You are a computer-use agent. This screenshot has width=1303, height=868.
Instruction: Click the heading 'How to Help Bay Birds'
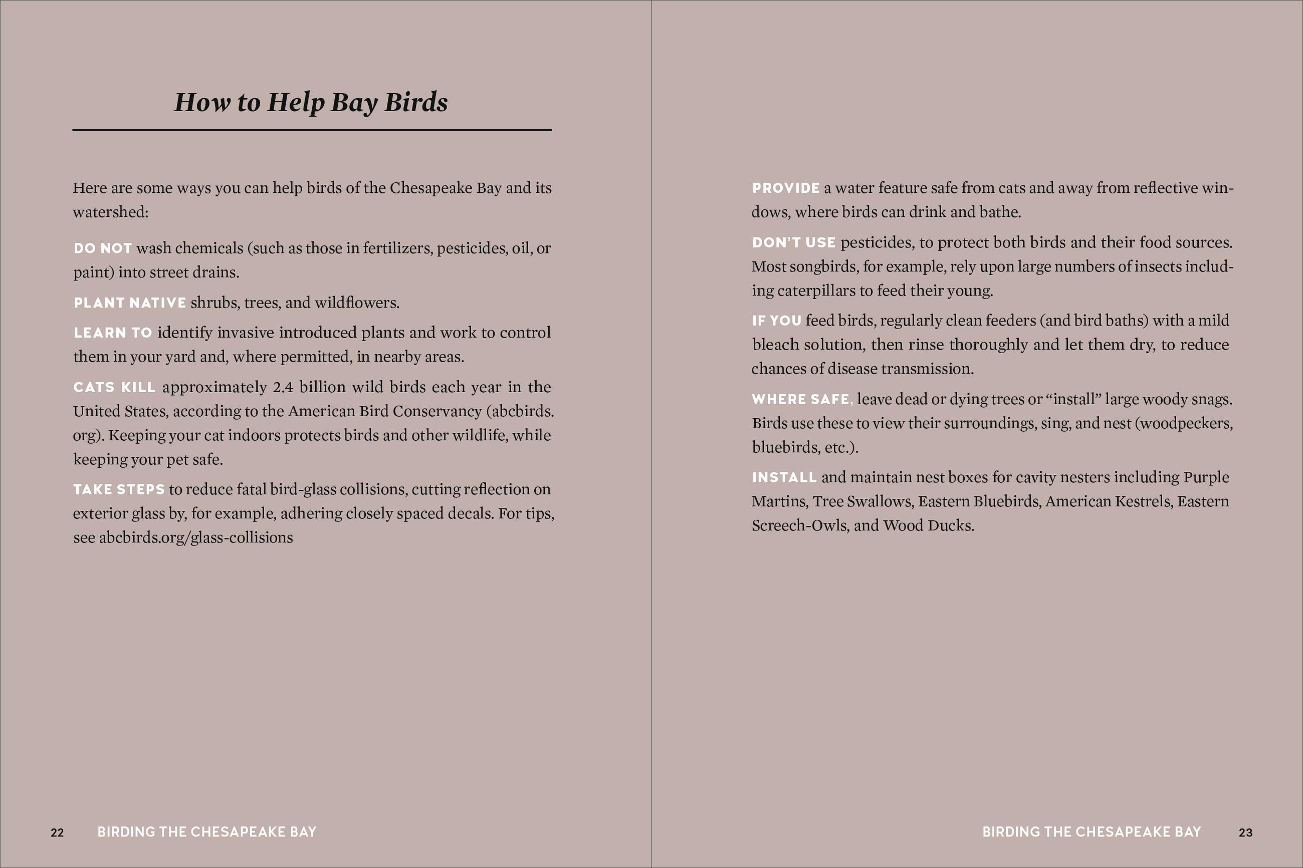click(x=311, y=102)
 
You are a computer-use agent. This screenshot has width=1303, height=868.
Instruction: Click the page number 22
click(x=57, y=832)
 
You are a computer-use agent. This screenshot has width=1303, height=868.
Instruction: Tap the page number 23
click(x=1245, y=832)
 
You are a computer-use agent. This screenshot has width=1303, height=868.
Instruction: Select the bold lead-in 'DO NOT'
click(x=102, y=248)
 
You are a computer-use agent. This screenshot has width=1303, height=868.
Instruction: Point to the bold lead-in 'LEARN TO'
click(x=113, y=333)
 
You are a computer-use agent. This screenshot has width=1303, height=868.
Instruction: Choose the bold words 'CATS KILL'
click(x=114, y=387)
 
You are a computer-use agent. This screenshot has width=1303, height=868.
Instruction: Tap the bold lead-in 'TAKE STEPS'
click(x=119, y=489)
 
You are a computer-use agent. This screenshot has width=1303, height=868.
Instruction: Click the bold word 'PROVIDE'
click(x=785, y=188)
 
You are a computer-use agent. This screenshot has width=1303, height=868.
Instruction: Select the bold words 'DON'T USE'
click(x=793, y=242)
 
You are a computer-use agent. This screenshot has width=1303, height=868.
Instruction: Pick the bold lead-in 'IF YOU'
click(x=776, y=321)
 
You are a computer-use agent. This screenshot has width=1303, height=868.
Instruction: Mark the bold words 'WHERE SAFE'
click(x=801, y=399)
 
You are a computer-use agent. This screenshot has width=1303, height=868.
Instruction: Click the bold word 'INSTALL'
click(x=784, y=477)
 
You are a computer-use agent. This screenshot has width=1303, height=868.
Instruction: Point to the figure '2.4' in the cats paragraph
click(x=283, y=387)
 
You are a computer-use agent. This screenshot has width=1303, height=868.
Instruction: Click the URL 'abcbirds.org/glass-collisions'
click(x=195, y=537)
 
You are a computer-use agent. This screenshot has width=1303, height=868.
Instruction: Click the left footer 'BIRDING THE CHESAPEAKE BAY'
click(x=206, y=832)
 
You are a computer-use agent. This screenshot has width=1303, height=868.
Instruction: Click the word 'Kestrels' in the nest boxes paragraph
click(x=1143, y=501)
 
